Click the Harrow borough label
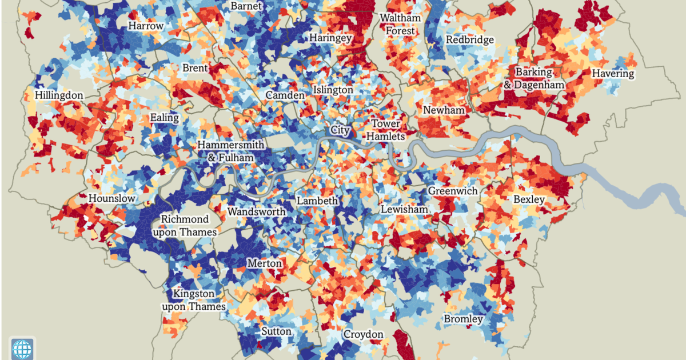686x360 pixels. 146,26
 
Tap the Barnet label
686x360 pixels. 246,6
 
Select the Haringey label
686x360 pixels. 330,38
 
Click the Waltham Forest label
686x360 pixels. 401,24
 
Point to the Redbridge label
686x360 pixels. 470,40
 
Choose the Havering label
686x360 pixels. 613,74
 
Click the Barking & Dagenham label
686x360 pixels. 534,79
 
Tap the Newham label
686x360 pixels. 444,110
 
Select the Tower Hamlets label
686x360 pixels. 386,130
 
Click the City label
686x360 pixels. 340,130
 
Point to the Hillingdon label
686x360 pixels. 59,95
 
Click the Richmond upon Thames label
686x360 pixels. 185,226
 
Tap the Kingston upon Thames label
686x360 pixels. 193,300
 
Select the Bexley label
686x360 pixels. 529,199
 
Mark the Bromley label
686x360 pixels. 463,319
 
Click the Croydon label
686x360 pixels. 364,334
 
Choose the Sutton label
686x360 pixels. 276,331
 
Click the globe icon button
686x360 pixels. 23,347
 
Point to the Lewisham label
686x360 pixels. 404,209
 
